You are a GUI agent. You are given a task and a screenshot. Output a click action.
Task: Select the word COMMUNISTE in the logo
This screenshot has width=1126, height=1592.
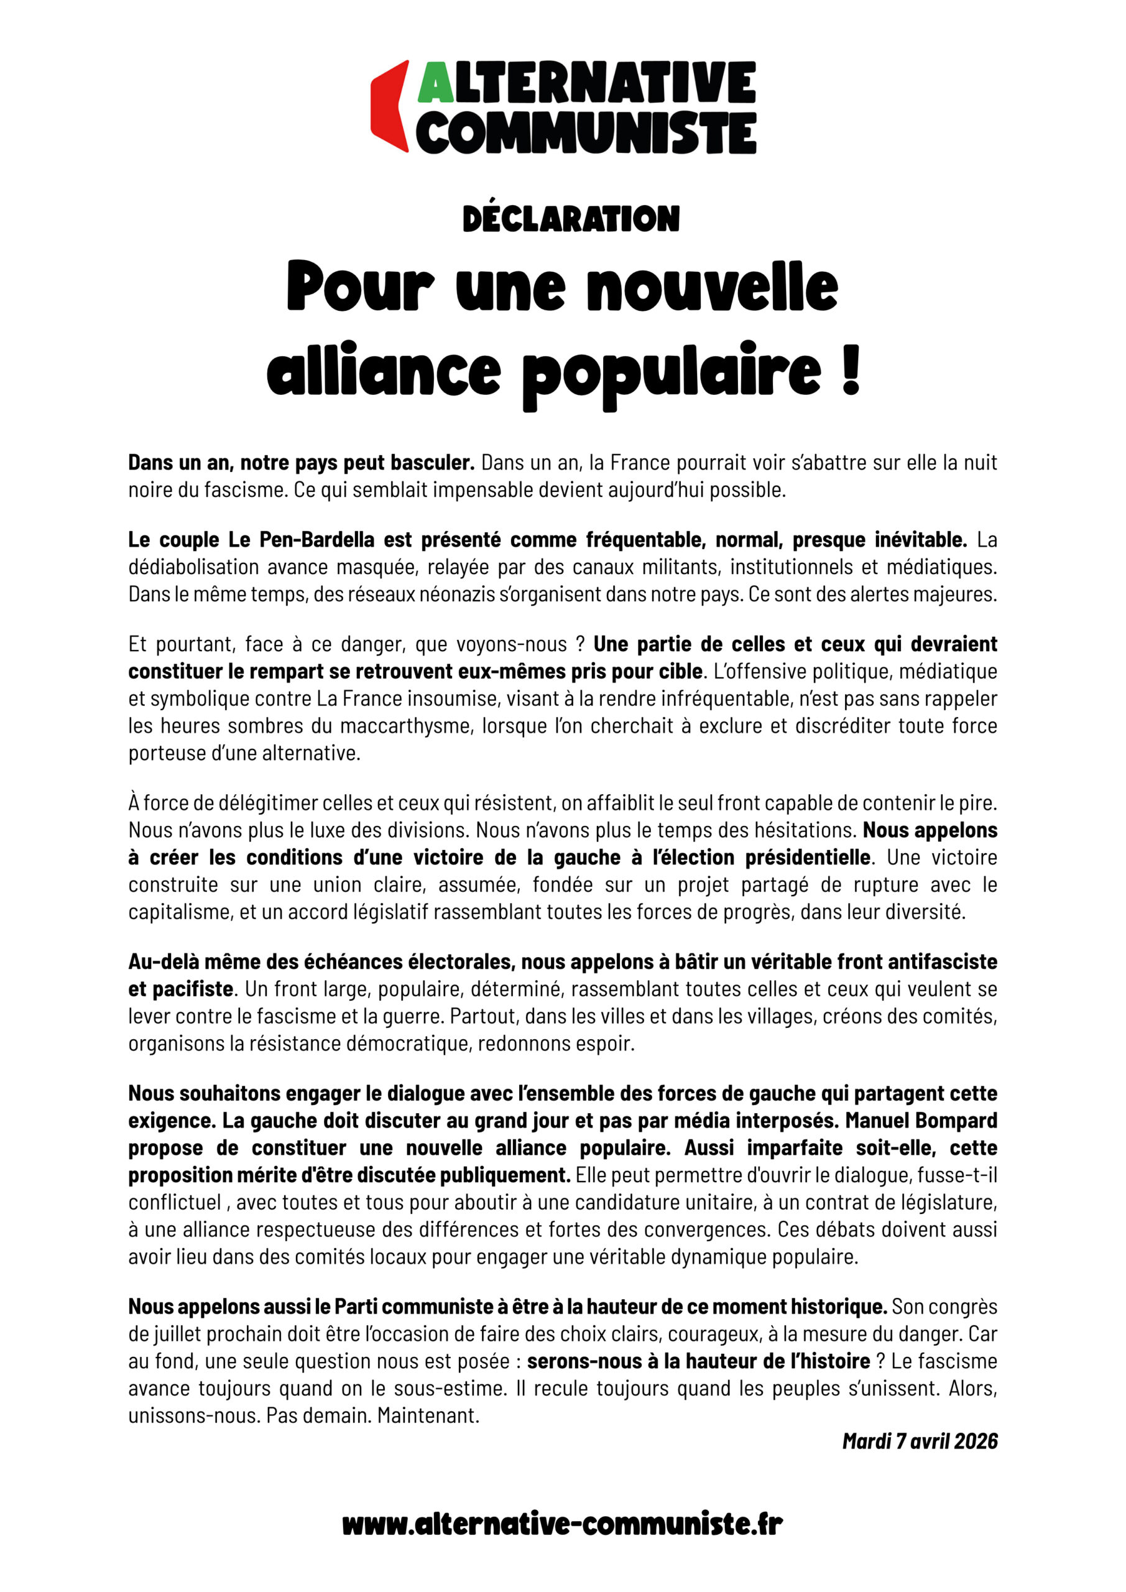(586, 132)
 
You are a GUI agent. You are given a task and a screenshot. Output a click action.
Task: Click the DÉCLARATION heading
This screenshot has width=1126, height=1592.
(571, 218)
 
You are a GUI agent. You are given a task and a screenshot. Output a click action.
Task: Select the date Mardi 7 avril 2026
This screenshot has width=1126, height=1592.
(920, 1441)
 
